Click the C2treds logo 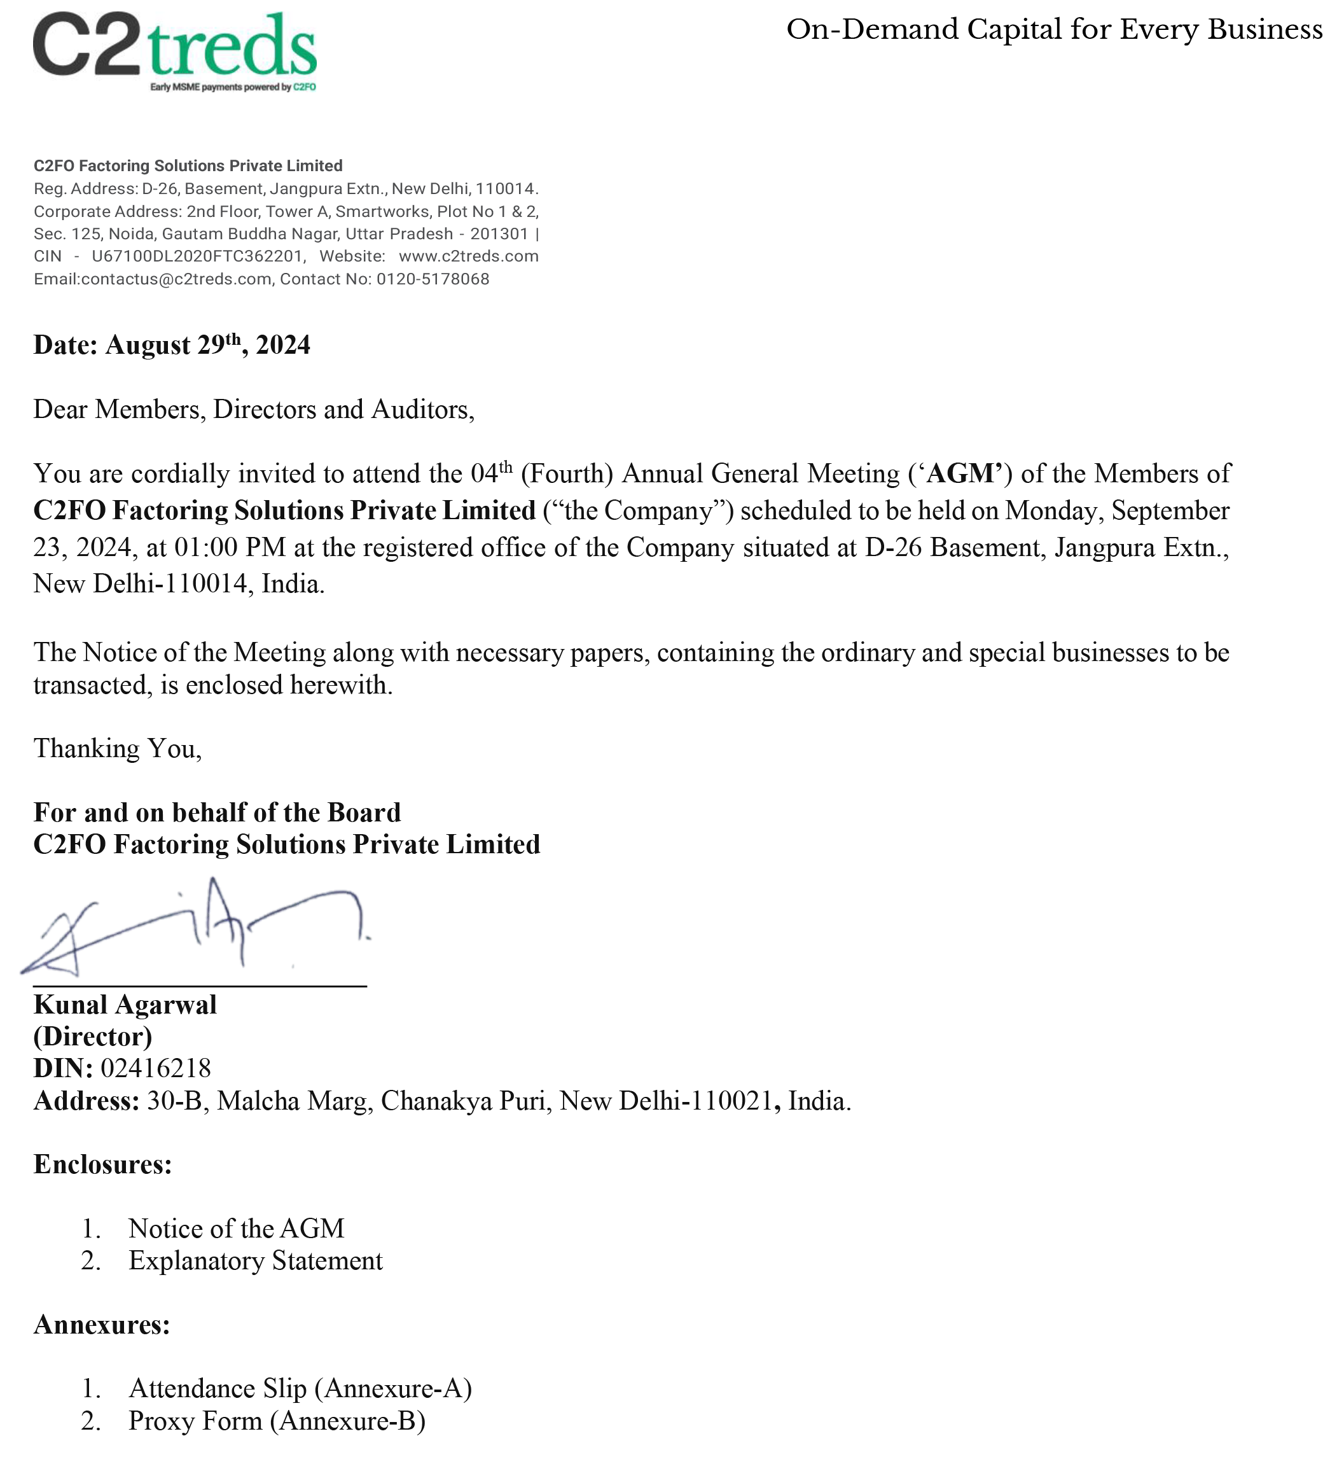point(174,50)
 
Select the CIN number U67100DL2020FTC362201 point(197,257)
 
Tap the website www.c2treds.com point(468,257)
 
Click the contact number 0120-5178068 point(433,279)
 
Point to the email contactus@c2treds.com point(176,279)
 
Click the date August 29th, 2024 point(208,345)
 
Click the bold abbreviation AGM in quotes point(963,474)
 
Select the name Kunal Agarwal point(125,1005)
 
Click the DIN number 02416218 point(155,1069)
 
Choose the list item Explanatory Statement point(255,1262)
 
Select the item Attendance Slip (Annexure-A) point(300,1388)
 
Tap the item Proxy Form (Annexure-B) point(277,1421)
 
